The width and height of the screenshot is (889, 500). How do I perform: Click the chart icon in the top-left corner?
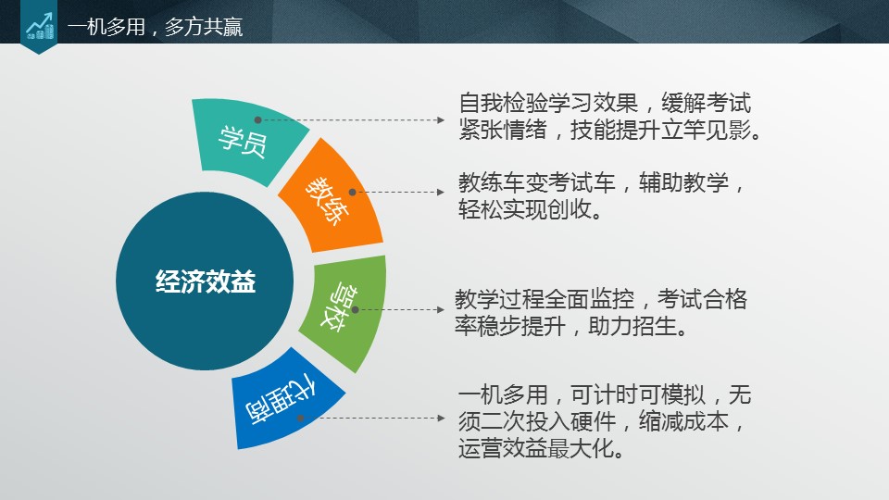click(x=39, y=26)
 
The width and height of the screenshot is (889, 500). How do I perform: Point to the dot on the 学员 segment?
click(x=257, y=120)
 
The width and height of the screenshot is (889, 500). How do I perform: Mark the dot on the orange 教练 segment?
click(x=352, y=193)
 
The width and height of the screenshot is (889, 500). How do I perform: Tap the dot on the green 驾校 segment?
click(x=355, y=310)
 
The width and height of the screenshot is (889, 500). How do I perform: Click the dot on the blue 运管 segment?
click(x=301, y=418)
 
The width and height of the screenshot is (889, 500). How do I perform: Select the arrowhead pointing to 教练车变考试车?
click(x=441, y=193)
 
